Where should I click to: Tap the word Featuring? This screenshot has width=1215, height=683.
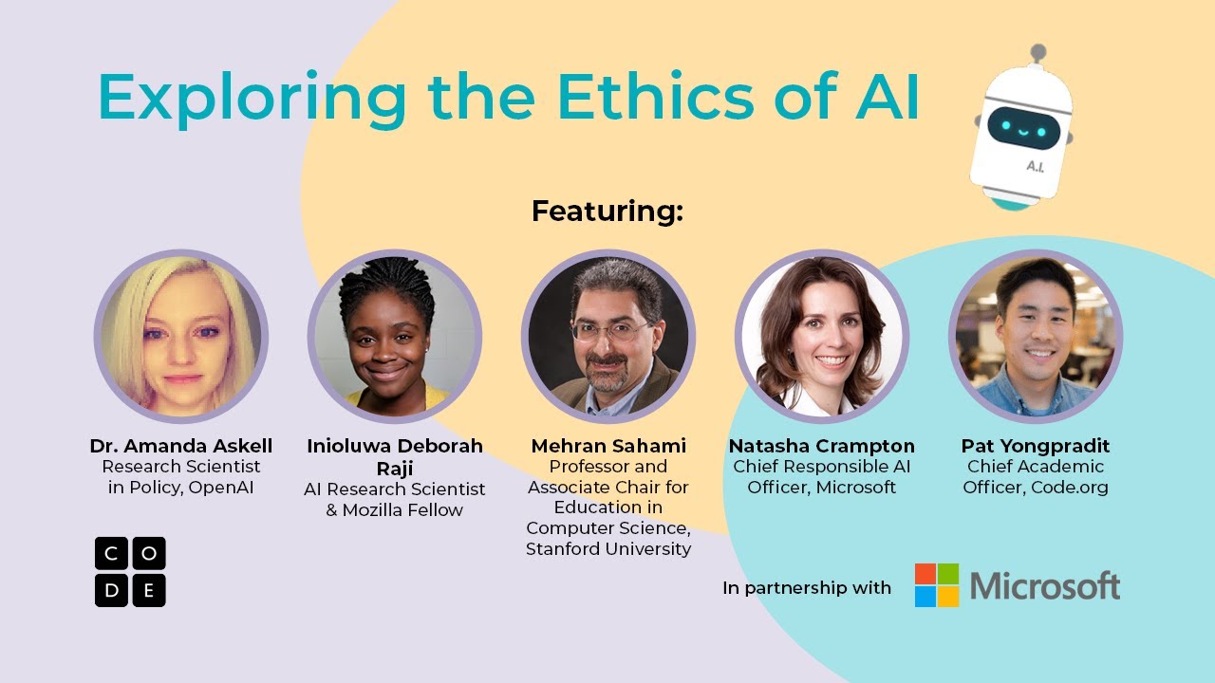click(x=607, y=211)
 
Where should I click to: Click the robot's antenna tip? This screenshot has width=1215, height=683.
click(x=1038, y=50)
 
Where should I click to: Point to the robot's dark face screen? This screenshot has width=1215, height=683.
click(x=1021, y=126)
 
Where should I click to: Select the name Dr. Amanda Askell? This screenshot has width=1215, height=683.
click(x=181, y=446)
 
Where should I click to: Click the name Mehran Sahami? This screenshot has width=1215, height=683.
click(x=608, y=446)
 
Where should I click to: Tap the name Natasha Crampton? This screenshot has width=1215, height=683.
click(x=822, y=446)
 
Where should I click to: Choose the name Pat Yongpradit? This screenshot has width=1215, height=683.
click(x=1036, y=446)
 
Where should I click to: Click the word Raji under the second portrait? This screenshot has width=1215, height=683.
click(x=395, y=468)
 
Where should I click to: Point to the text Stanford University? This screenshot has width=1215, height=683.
click(x=608, y=549)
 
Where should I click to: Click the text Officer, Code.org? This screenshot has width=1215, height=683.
click(x=1036, y=488)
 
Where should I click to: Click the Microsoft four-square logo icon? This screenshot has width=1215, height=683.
click(x=937, y=585)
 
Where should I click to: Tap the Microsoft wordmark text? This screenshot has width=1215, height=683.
click(x=1045, y=586)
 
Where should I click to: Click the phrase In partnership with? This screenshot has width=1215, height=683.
click(x=807, y=588)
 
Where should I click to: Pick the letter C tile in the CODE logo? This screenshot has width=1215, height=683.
click(x=111, y=553)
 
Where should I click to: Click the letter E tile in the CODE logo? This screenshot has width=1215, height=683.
click(x=148, y=590)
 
